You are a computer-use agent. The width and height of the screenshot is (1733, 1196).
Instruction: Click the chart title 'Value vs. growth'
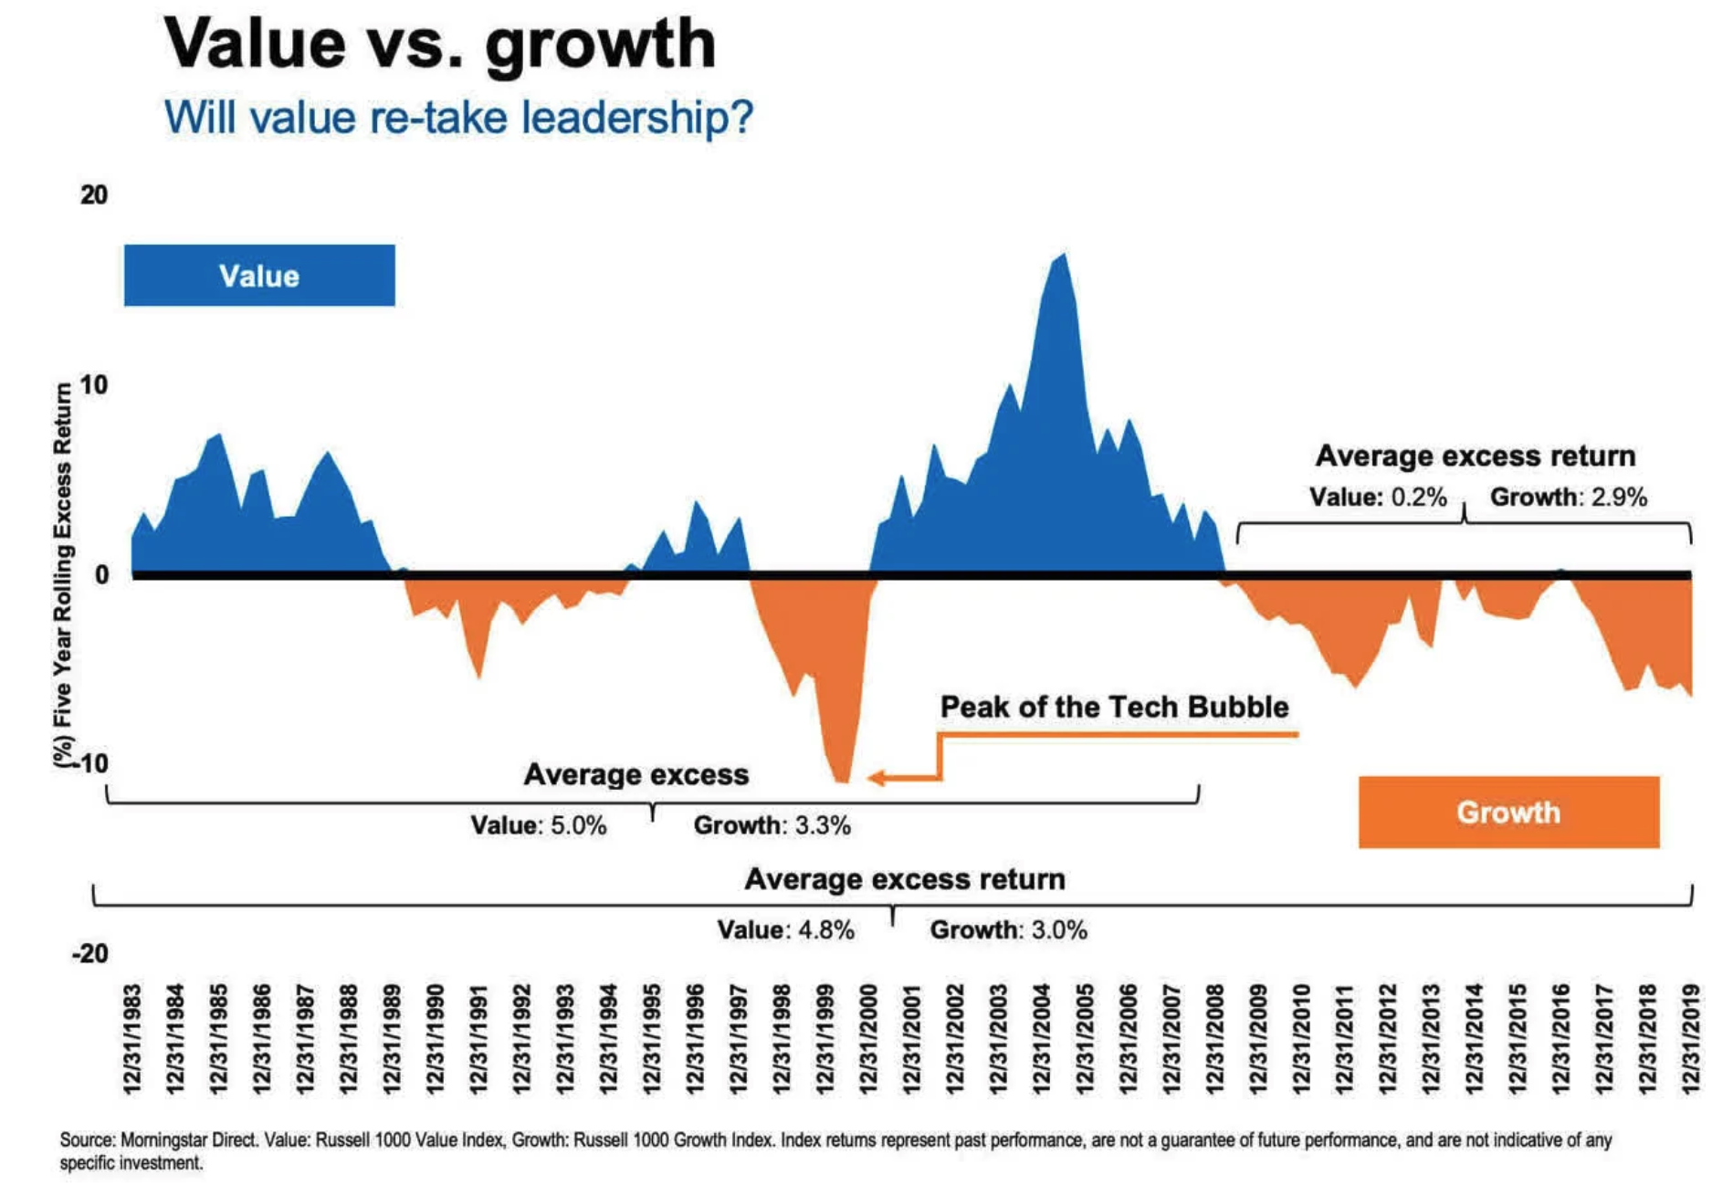point(439,44)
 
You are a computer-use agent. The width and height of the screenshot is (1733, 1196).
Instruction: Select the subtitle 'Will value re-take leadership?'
point(458,118)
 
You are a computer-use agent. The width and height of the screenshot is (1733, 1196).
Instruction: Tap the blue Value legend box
point(259,276)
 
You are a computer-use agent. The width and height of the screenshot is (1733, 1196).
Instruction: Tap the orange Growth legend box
point(1508,812)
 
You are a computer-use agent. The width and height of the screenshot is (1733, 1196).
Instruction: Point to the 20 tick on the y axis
point(93,194)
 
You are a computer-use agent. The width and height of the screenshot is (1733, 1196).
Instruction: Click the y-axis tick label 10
point(93,384)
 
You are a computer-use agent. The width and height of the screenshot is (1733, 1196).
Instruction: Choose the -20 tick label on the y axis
point(89,954)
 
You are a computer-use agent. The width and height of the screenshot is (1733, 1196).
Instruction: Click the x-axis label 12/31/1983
point(132,1038)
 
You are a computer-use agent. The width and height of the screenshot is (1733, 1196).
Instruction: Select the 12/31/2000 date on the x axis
point(868,1038)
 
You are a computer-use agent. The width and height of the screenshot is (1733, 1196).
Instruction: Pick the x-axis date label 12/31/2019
point(1690,1038)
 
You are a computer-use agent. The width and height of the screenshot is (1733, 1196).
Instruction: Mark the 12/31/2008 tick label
point(1214,1038)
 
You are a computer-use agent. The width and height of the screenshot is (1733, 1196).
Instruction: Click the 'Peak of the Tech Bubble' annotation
point(1114,707)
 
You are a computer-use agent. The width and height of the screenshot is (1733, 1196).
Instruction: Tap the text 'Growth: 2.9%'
point(1569,498)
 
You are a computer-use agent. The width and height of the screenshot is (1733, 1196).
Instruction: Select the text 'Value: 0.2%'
point(1378,498)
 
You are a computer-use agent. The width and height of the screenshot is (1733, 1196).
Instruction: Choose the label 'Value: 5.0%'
point(539,825)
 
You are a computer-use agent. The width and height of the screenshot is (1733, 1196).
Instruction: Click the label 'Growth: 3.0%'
point(1009,930)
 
